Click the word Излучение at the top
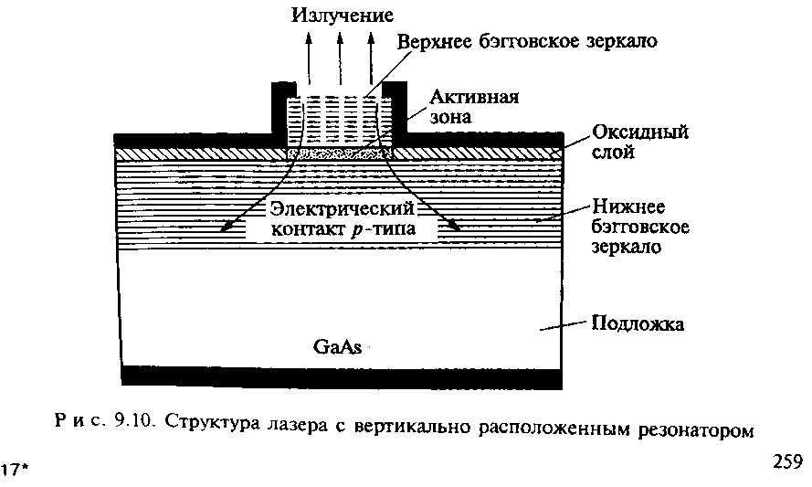(343, 16)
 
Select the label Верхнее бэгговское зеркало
(527, 42)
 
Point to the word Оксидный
(639, 132)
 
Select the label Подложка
(638, 323)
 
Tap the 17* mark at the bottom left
(16, 470)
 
